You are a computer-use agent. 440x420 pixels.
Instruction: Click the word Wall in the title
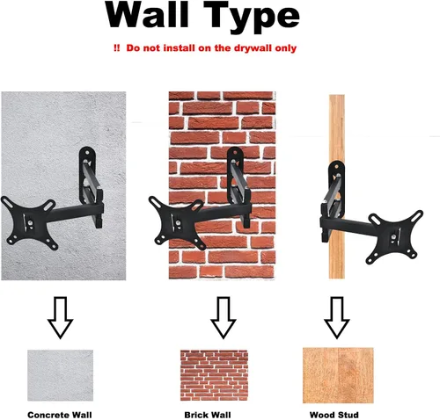[147, 15]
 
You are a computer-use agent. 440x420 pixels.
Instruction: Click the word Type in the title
[252, 17]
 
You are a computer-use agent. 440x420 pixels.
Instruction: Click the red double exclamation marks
[116, 48]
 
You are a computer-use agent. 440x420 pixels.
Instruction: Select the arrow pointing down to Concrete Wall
[60, 317]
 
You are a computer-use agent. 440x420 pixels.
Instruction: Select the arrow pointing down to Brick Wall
[223, 317]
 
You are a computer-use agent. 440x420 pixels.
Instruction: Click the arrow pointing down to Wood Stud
[336, 317]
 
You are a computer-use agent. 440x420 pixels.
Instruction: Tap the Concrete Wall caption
[60, 415]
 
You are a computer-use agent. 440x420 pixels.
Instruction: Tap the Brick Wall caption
[208, 415]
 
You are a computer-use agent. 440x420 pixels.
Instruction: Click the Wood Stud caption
[334, 415]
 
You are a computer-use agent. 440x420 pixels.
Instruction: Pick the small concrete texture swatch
[60, 375]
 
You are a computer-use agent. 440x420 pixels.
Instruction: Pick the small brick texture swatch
[214, 375]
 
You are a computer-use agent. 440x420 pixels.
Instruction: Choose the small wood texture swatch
[338, 375]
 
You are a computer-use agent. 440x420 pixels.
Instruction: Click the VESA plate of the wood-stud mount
[395, 236]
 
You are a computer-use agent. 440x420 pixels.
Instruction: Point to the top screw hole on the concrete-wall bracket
[87, 152]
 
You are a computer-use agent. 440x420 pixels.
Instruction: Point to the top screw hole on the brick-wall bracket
[235, 152]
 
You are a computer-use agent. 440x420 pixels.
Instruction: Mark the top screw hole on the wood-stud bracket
[336, 167]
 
